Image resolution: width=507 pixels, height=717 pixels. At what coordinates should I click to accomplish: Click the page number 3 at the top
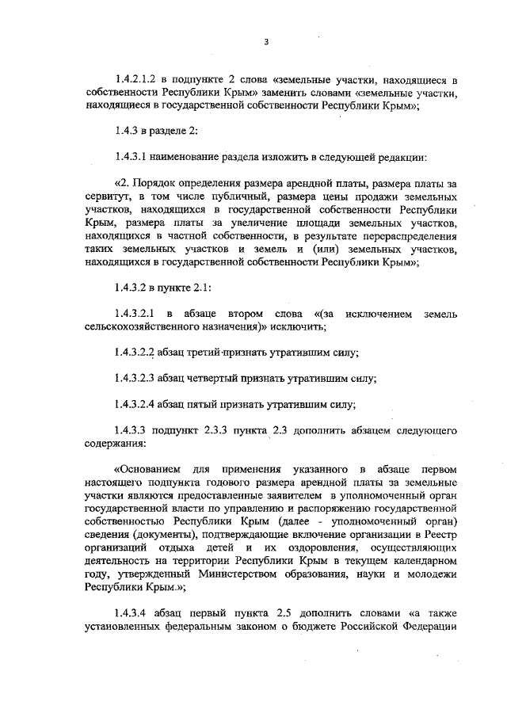(267, 42)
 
